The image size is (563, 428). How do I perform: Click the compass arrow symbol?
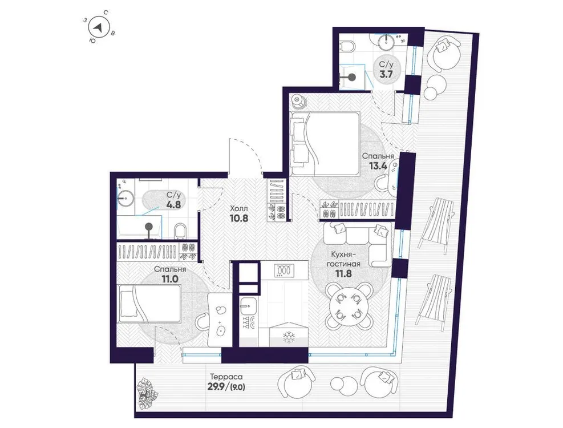pyautogui.click(x=99, y=27)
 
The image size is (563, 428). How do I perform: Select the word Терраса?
pyautogui.click(x=226, y=377)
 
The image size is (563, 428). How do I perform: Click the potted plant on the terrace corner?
pyautogui.click(x=147, y=391)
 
